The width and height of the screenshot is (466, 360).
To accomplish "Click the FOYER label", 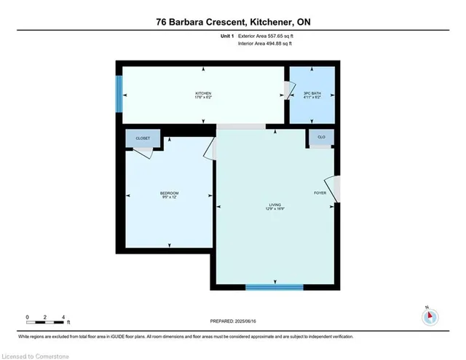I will click(320, 193).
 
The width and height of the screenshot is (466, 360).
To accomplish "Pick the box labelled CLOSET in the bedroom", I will click(143, 138).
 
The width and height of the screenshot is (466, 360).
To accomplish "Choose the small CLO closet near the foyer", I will click(320, 136).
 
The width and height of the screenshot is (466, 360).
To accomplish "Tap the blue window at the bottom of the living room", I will click(274, 287).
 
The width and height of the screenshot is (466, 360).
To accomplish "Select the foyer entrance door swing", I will click(333, 189).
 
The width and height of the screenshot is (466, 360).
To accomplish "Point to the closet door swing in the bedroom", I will click(144, 152).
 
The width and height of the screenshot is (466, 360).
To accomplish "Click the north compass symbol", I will click(430, 316).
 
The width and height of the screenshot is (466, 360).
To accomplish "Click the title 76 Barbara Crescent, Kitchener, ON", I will click(233, 22).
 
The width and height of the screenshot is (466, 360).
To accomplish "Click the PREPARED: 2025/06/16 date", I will click(233, 320).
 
